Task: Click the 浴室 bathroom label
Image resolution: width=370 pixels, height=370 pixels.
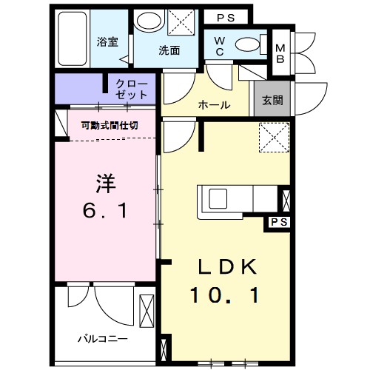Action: click(x=107, y=42)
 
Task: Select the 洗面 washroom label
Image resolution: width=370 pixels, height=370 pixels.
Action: click(x=169, y=51)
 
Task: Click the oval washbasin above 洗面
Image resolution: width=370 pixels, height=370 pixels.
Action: click(x=151, y=22)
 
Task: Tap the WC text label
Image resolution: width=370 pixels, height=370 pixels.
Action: click(x=221, y=46)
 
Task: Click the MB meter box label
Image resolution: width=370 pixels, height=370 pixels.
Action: click(x=280, y=53)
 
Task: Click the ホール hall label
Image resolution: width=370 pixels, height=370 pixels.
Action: click(x=213, y=104)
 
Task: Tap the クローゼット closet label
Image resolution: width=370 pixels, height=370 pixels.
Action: click(x=131, y=90)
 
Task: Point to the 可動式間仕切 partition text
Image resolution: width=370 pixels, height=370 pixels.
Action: click(x=110, y=125)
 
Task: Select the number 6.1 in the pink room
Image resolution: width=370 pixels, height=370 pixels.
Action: click(x=104, y=212)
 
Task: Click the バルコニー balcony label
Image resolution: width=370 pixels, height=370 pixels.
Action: click(x=103, y=338)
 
